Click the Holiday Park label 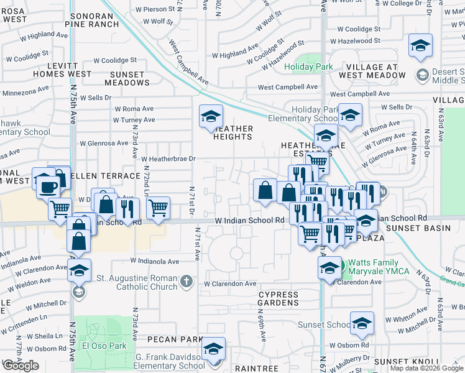[308, 67]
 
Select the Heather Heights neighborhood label [233, 133]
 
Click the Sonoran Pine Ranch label [94, 19]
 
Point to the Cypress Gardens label [279, 298]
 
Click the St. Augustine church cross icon [185, 283]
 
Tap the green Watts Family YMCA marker [341, 267]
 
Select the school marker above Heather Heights [211, 116]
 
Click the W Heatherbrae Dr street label [168, 159]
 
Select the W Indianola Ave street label [158, 261]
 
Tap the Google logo [21, 365]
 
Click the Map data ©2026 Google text [426, 369]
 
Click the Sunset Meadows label [127, 78]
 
